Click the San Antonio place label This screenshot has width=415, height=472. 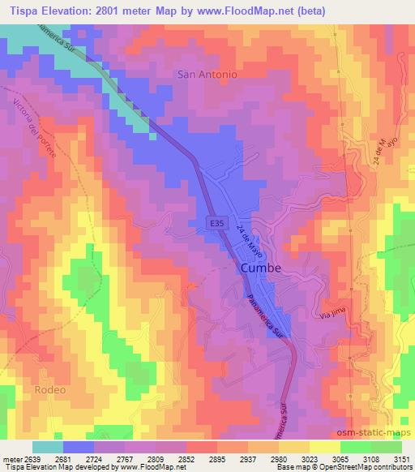pyautogui.click(x=207, y=74)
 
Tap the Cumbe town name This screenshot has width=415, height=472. pyautogui.click(x=260, y=268)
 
